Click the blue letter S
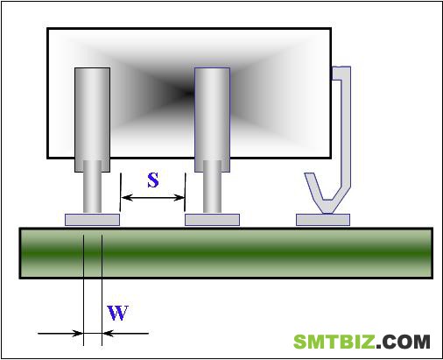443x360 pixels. pyautogui.click(x=153, y=180)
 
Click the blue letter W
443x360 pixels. pyautogui.click(x=117, y=313)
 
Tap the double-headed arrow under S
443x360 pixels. pyautogui.click(x=153, y=198)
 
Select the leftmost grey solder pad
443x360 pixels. pyautogui.click(x=92, y=220)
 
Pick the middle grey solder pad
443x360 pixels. pyautogui.click(x=212, y=220)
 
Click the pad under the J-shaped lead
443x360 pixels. pyautogui.click(x=323, y=220)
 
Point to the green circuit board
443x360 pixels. pyautogui.click(x=226, y=253)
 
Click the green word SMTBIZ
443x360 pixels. pyautogui.click(x=334, y=342)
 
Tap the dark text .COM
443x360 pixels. pyautogui.click(x=403, y=342)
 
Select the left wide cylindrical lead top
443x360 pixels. pyautogui.click(x=92, y=120)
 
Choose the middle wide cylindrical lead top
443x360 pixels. pyautogui.click(x=212, y=120)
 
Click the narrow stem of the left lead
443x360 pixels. pyautogui.click(x=92, y=187)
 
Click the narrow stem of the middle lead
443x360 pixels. pyautogui.click(x=212, y=187)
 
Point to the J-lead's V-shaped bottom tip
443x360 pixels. pyautogui.click(x=327, y=213)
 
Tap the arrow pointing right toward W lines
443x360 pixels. pyautogui.click(x=60, y=333)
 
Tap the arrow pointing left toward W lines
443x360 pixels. pyautogui.click(x=125, y=333)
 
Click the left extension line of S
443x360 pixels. pyautogui.click(x=120, y=192)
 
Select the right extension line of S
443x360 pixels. pyautogui.click(x=185, y=192)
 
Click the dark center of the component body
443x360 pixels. pyautogui.click(x=186, y=94)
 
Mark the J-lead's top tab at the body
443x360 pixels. pyautogui.click(x=341, y=74)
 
